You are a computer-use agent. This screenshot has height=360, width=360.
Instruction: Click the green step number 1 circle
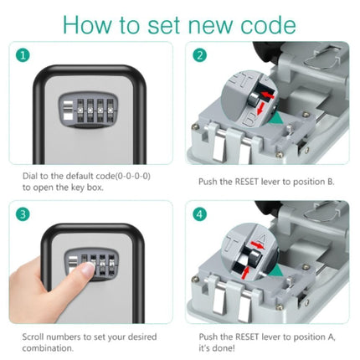[23, 55]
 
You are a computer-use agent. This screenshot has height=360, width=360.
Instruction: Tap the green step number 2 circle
[200, 55]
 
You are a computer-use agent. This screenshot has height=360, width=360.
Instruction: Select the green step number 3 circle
[23, 214]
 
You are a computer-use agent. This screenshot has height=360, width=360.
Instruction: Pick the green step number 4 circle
[200, 214]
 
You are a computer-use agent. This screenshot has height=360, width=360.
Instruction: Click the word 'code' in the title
[268, 25]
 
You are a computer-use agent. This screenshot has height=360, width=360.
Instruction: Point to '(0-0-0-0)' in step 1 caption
[132, 177]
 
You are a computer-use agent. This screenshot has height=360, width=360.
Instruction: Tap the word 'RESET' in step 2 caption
[247, 182]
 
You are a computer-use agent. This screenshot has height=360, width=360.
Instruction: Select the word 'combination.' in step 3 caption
[48, 348]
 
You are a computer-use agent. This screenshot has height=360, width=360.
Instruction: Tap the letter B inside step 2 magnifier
[249, 120]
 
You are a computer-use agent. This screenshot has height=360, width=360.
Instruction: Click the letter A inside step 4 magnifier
[262, 238]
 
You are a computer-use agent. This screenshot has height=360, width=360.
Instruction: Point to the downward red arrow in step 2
[260, 109]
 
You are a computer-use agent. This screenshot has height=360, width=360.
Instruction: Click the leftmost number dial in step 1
[80, 111]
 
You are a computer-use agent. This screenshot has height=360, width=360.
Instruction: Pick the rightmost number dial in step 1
[111, 111]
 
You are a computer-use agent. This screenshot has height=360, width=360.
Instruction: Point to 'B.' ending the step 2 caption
[330, 182]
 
